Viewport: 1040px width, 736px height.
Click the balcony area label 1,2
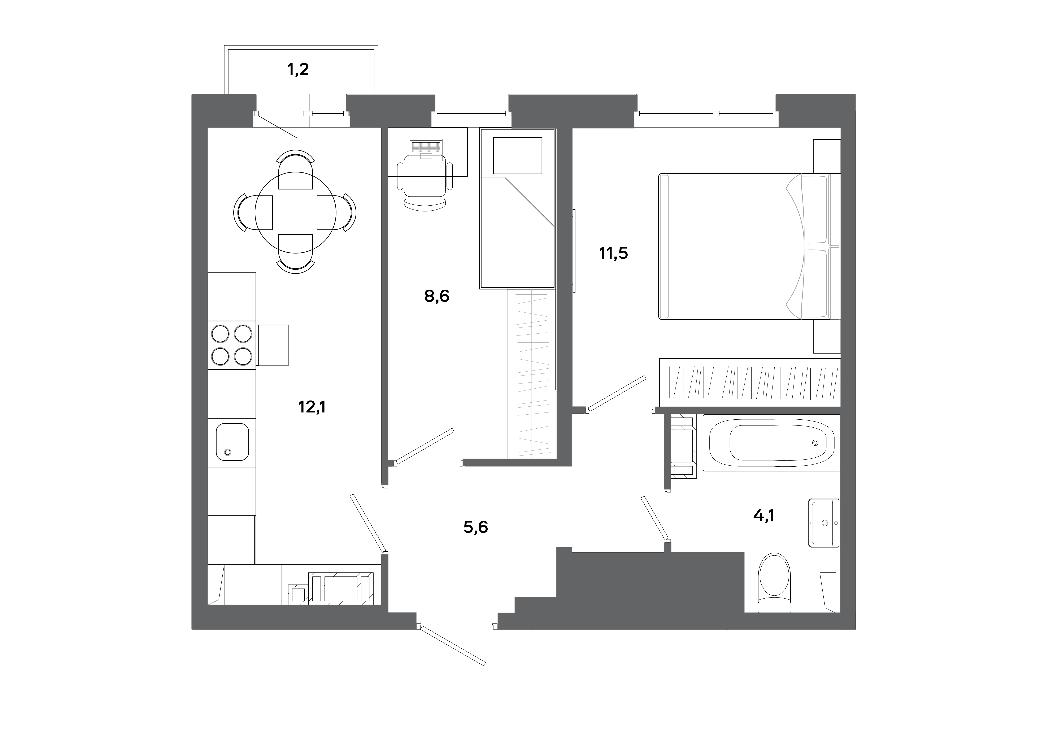298,69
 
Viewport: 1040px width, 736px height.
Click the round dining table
295,212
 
